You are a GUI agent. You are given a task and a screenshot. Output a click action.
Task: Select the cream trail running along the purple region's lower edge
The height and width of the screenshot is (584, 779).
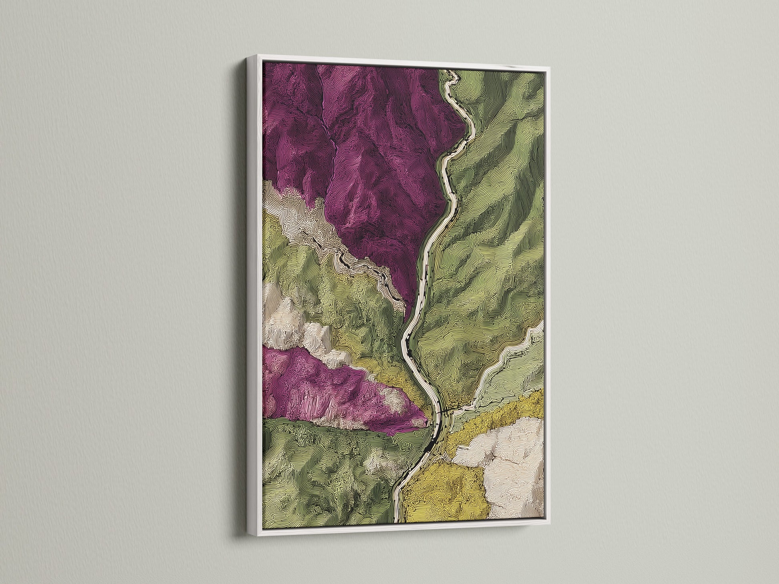coord(340,248)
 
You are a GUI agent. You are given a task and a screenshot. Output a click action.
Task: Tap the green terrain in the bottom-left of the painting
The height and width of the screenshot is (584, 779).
coord(320,472)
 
